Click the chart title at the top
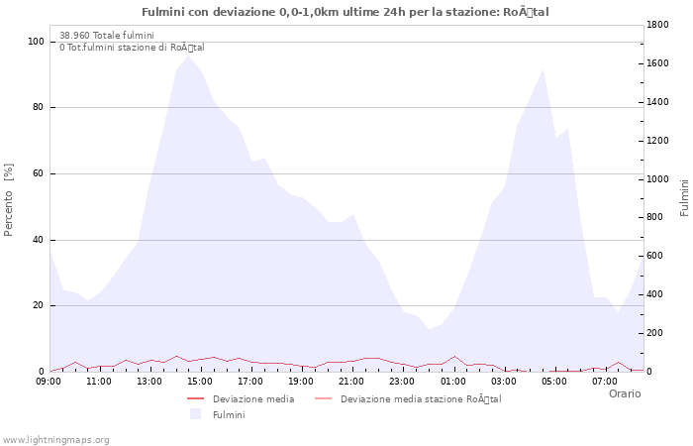pos(346,12)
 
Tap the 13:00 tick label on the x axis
pos(150,382)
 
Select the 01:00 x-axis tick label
pos(453,382)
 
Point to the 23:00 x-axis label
pos(403,382)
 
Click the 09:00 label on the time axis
pos(49,382)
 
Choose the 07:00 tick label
pos(605,382)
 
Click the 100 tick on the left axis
pos(36,42)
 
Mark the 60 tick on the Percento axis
pos(39,173)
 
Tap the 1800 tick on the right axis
pos(660,25)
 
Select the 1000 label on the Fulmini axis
pos(660,179)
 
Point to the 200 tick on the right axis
pos(657,333)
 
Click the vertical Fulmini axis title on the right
pos(684,198)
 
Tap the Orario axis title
pos(624,393)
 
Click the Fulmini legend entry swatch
pos(195,414)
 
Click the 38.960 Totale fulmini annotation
pos(106,35)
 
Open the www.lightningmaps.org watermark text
pos(55,440)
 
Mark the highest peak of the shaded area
pos(188,55)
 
